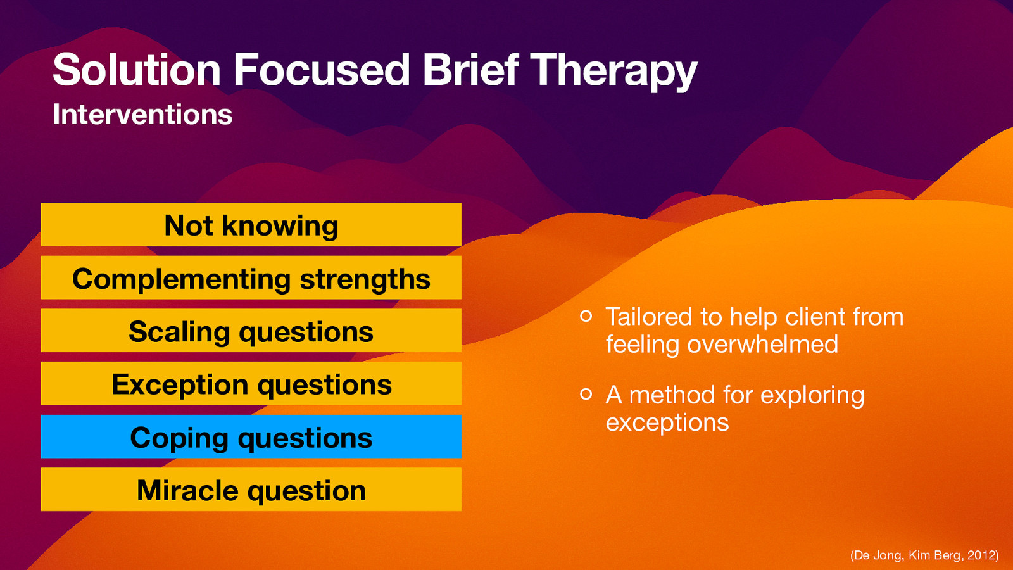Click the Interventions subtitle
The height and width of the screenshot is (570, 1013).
142,115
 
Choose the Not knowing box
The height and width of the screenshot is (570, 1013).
251,225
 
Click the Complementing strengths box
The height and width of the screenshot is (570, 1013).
251,278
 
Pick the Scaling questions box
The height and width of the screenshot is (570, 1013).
251,331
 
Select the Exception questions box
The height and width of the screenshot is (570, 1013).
251,384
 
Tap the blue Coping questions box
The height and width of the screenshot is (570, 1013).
251,437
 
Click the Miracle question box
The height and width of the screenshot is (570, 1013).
251,490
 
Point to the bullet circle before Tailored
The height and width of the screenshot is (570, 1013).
586,315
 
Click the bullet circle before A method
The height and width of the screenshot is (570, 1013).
586,394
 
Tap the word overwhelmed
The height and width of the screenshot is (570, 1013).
762,345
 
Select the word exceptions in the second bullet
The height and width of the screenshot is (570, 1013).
667,422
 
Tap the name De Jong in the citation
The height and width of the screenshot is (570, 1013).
878,555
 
